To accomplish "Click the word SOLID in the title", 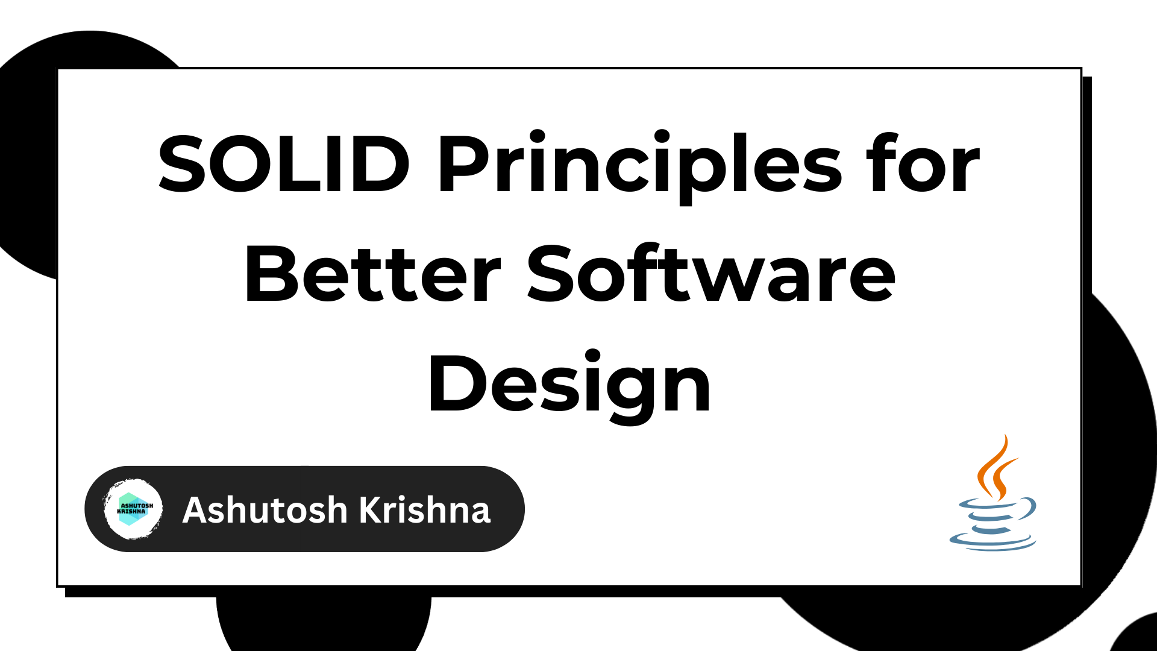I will pyautogui.click(x=284, y=164).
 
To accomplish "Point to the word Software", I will pyautogui.click(x=712, y=274).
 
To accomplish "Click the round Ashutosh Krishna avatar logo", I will pyautogui.click(x=133, y=509).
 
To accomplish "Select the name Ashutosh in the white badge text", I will pyautogui.click(x=265, y=510).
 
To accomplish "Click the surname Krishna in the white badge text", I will pyautogui.click(x=425, y=510).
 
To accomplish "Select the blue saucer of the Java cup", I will pyautogui.click(x=992, y=542).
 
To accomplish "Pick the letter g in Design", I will pyautogui.click(x=633, y=392).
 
